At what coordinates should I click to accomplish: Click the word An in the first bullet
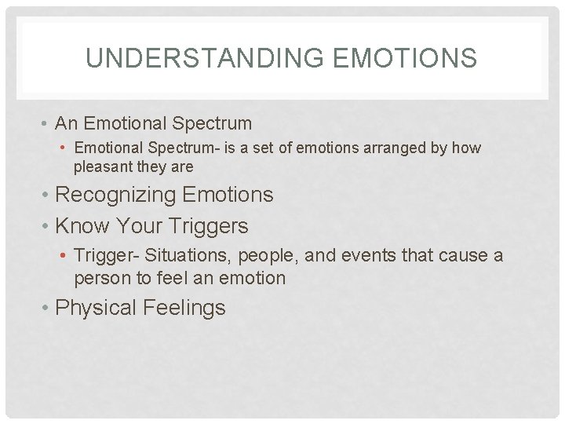(x=67, y=123)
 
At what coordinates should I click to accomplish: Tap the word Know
(x=83, y=226)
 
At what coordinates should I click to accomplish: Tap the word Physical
(x=97, y=308)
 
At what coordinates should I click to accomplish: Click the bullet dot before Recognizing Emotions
(x=46, y=195)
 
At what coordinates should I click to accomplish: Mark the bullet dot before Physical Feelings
(x=46, y=308)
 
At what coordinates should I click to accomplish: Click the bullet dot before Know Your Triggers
(x=46, y=227)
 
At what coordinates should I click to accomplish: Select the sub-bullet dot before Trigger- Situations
(x=64, y=256)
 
